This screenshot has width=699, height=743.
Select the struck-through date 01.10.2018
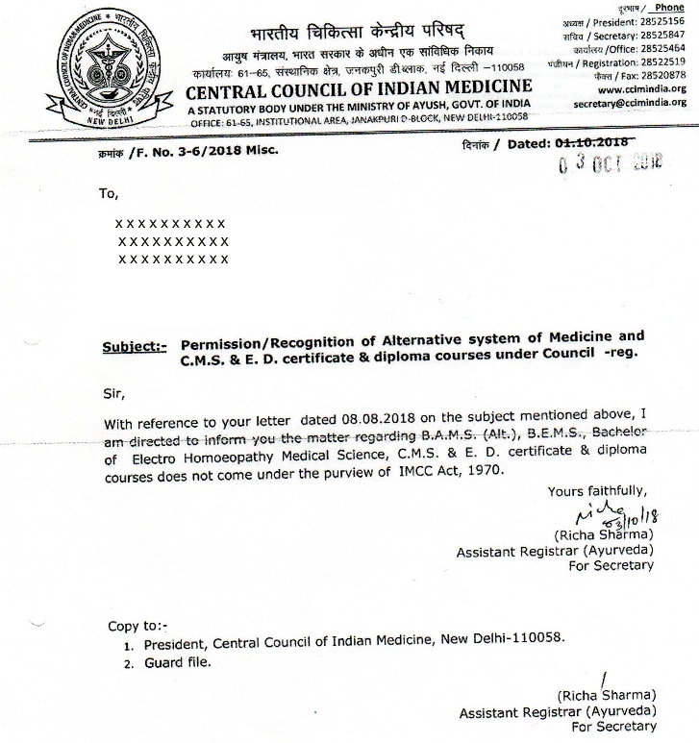click(594, 143)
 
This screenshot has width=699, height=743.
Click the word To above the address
click(109, 193)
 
